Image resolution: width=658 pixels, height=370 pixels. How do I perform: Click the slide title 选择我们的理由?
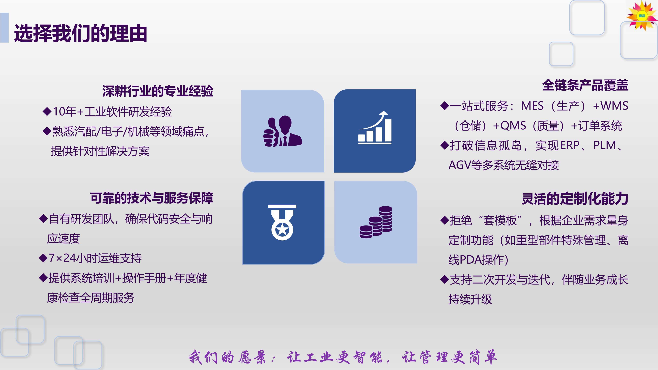pyautogui.click(x=80, y=33)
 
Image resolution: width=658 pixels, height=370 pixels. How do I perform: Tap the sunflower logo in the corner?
pyautogui.click(x=642, y=16)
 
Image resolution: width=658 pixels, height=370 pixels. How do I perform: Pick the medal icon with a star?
pyautogui.click(x=282, y=222)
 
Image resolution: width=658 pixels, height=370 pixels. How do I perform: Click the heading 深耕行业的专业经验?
pyautogui.click(x=158, y=91)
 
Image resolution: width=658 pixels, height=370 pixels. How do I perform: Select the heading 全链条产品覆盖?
pyautogui.click(x=585, y=85)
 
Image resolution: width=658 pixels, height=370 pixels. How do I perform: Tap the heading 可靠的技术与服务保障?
pyautogui.click(x=152, y=198)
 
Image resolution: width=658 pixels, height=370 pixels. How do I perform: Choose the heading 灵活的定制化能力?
pyautogui.click(x=575, y=199)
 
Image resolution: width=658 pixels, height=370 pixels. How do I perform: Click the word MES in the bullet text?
pyautogui.click(x=532, y=106)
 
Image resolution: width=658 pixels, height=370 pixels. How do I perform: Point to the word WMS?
pyautogui.click(x=614, y=106)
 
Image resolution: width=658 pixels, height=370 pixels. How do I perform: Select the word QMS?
pyautogui.click(x=513, y=125)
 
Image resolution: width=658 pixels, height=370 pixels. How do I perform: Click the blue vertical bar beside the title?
pyautogui.click(x=4, y=28)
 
